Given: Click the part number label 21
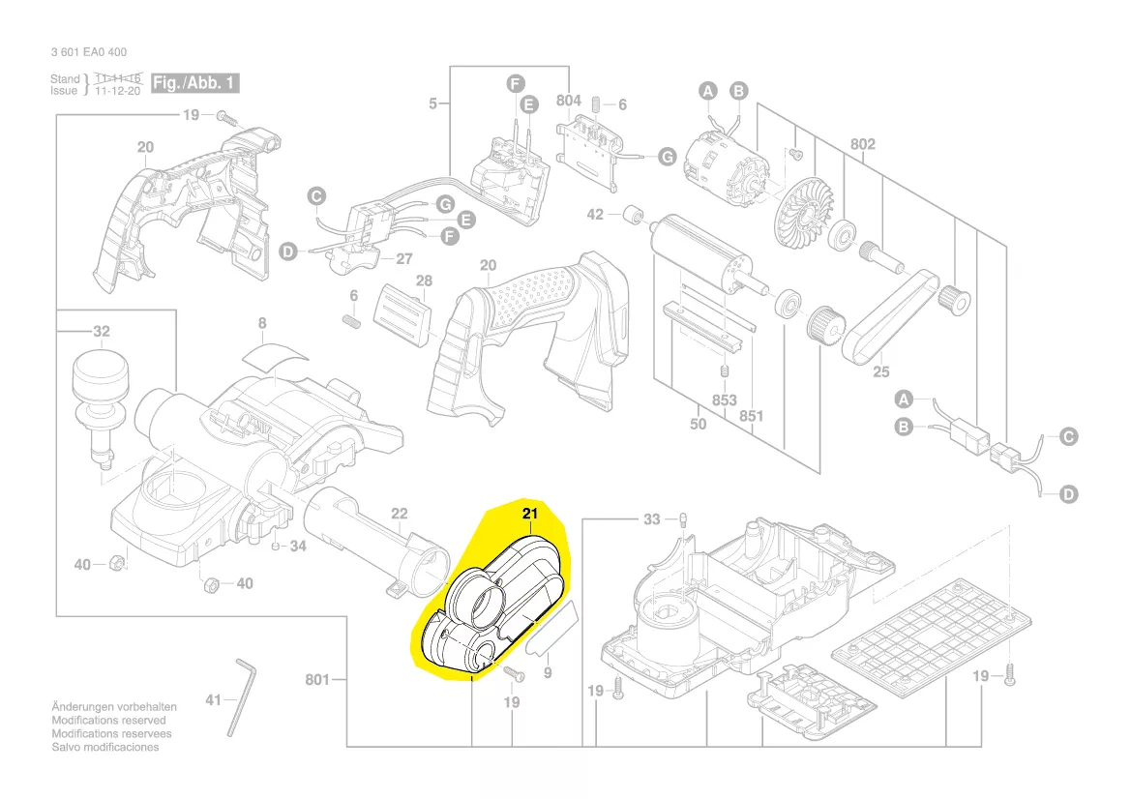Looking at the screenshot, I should tap(529, 514).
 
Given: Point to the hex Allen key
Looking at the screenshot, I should tap(241, 695).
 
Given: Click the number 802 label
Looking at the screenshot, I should tap(863, 144).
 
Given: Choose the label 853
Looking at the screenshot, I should tap(724, 400).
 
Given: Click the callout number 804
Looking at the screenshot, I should tap(569, 101).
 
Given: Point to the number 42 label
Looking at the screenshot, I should tap(595, 214).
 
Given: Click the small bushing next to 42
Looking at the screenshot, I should tap(634, 214).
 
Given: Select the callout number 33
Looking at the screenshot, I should tap(652, 519).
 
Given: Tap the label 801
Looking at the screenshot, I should tap(318, 679).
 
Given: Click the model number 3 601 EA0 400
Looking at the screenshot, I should tap(88, 52).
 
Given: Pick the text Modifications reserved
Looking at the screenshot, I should tap(108, 721).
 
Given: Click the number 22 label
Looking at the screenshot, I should tap(399, 514).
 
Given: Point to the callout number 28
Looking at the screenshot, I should tap(424, 281).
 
